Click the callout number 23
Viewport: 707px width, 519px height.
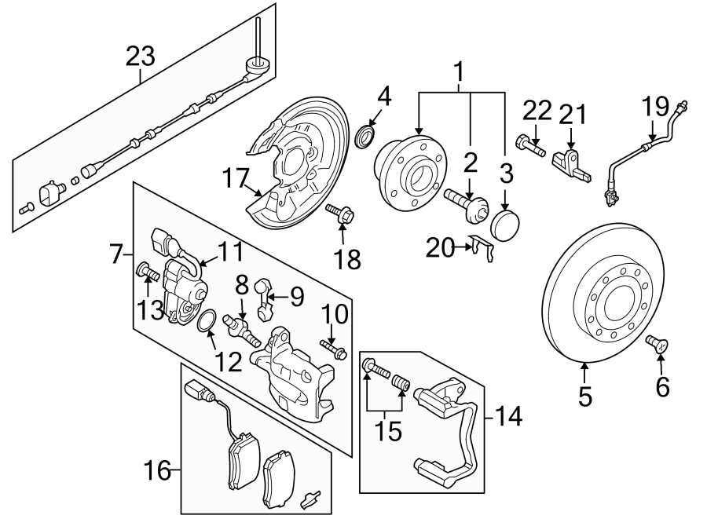pos(141,57)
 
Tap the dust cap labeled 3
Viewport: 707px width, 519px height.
pos(504,223)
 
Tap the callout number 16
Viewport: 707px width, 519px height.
pos(157,471)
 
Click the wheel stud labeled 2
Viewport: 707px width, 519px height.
pos(463,199)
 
